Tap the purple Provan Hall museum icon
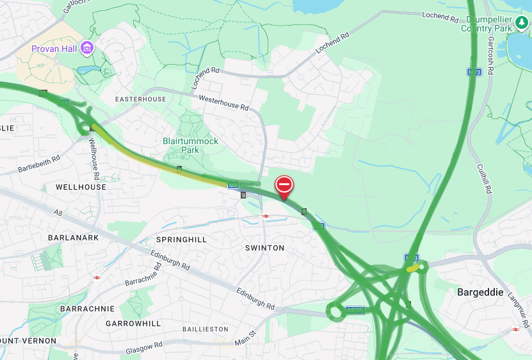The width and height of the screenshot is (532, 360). (x=87, y=48)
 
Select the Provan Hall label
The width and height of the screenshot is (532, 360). (x=54, y=49)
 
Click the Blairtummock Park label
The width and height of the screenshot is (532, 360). (x=190, y=145)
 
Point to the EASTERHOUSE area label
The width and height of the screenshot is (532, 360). (x=140, y=99)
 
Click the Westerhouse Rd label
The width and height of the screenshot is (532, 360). (x=223, y=103)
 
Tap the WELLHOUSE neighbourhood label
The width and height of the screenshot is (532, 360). (x=81, y=187)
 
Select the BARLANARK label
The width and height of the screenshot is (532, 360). (x=74, y=238)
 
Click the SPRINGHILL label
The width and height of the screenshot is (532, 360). (x=182, y=239)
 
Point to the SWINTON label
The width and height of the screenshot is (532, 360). (x=264, y=247)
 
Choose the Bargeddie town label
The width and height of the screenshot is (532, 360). (x=482, y=292)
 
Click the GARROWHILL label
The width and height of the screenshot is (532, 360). (x=133, y=323)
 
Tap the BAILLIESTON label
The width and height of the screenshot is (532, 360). (x=205, y=329)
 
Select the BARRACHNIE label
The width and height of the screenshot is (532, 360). (x=87, y=309)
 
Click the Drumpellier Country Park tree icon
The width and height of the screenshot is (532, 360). (x=522, y=24)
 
